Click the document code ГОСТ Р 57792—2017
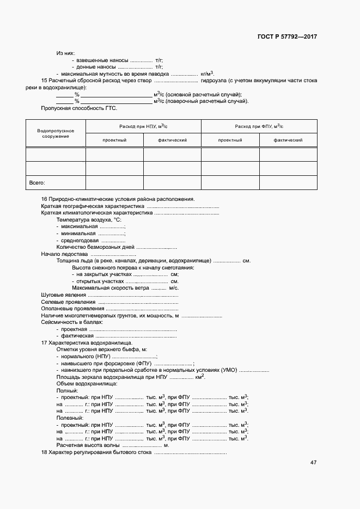click(x=287, y=37)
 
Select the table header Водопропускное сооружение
click(x=56, y=134)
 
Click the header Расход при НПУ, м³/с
click(x=144, y=126)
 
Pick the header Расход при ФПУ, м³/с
click(x=259, y=126)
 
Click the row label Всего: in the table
click(x=36, y=183)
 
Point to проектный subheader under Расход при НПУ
click(x=114, y=140)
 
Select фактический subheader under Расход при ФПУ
click(x=288, y=140)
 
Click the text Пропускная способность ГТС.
click(x=71, y=108)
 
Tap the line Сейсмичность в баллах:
click(x=72, y=322)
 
